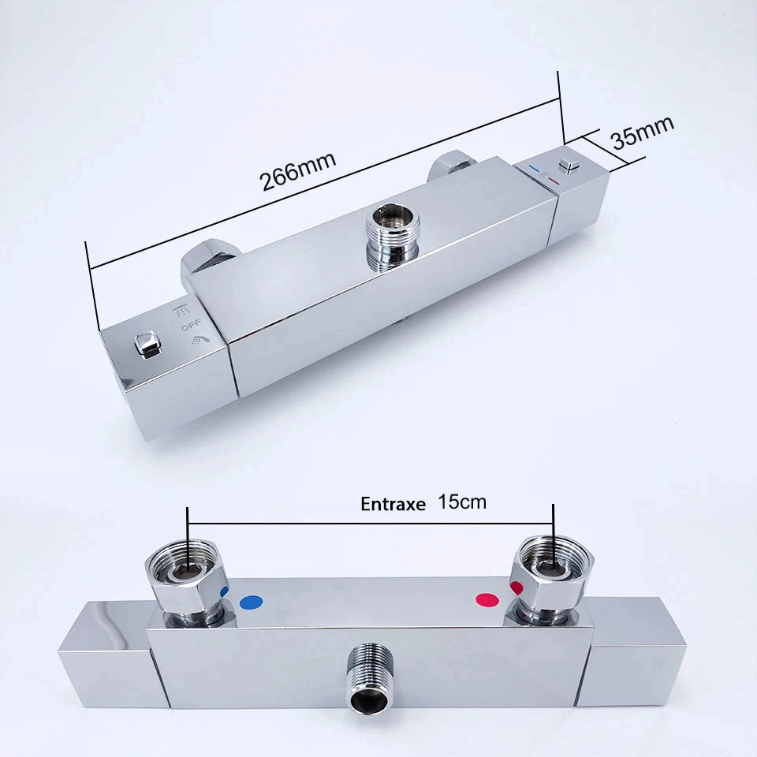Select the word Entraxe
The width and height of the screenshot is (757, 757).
[x=393, y=504]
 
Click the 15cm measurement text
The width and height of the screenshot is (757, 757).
[x=462, y=502]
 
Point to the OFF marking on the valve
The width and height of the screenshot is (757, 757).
[x=191, y=325]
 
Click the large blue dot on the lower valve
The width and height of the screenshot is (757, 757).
[x=251, y=602]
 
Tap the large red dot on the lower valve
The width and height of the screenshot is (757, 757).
[x=487, y=600]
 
